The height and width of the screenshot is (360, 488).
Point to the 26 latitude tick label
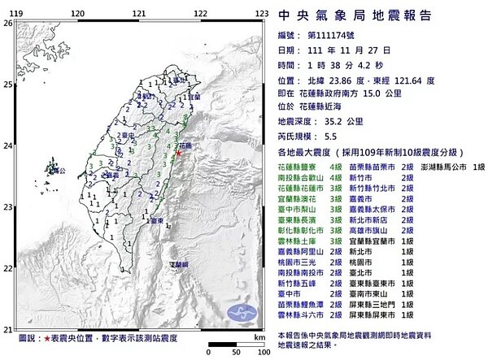[x=7, y=24]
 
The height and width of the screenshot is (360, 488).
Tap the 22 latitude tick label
[x=7, y=268]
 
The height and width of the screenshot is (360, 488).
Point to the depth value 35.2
[x=325, y=120]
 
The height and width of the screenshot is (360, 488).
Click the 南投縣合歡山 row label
[x=300, y=176]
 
